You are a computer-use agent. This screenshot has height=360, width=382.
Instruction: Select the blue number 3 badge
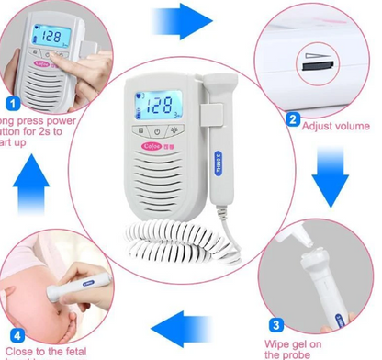(x=275, y=323)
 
